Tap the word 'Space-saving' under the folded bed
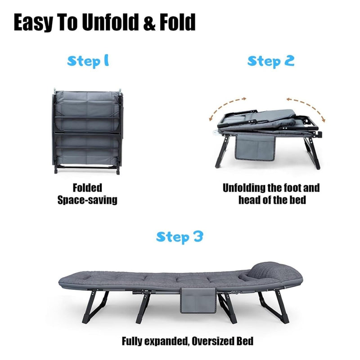[x=87, y=199]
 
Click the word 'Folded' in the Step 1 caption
[x=87, y=188]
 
